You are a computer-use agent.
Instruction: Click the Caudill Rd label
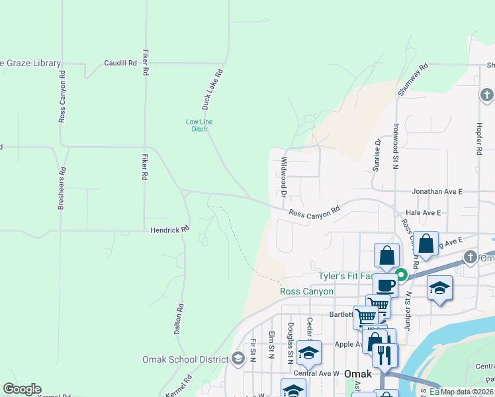(x=120, y=64)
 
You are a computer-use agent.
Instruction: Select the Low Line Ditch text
(x=199, y=125)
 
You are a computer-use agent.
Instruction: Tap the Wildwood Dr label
(x=283, y=177)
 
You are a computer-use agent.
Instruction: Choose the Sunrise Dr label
(x=377, y=155)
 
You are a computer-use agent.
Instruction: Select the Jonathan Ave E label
(x=437, y=191)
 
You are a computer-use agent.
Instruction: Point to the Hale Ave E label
(x=423, y=212)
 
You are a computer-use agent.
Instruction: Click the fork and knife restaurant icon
(x=384, y=355)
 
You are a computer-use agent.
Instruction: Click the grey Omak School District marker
(x=238, y=359)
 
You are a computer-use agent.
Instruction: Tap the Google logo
(x=22, y=389)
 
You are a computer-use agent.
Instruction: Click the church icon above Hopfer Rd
(x=486, y=95)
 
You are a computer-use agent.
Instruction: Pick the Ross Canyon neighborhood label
(x=307, y=291)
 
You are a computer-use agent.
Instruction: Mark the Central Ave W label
(x=316, y=374)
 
